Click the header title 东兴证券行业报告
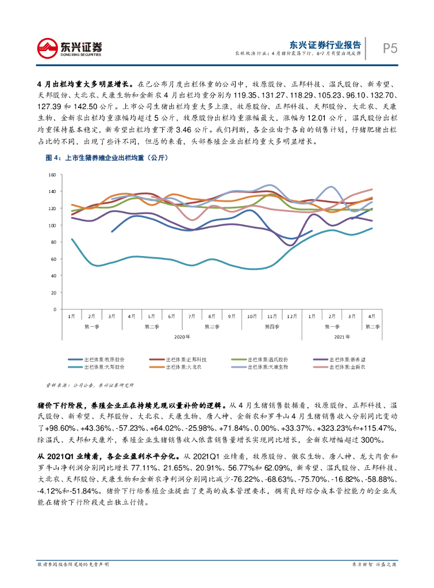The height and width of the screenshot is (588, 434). (x=325, y=45)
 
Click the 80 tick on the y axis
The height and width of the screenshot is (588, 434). (x=53, y=242)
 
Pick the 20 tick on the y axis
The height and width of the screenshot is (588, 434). (x=53, y=292)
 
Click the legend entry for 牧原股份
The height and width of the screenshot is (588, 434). (x=100, y=359)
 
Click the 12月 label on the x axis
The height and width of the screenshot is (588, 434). (x=292, y=316)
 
